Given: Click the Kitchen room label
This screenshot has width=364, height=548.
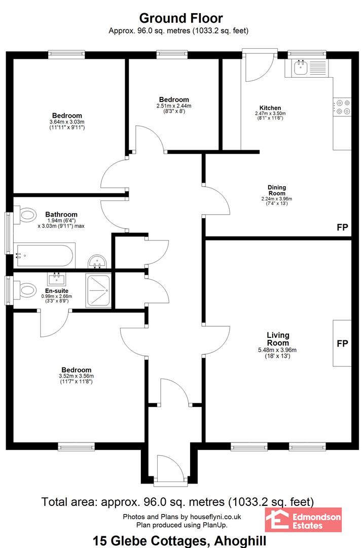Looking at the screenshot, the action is pyautogui.click(x=270, y=108).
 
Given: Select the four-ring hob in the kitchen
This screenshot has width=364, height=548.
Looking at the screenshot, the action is pyautogui.click(x=342, y=107).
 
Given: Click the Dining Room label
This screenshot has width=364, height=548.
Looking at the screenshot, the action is pyautogui.click(x=277, y=190).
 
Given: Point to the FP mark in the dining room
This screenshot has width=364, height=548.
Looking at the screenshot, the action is pyautogui.click(x=342, y=227).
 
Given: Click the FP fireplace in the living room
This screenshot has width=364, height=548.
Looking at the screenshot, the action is pyautogui.click(x=342, y=343).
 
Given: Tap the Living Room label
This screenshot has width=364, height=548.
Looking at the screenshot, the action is pyautogui.click(x=278, y=339).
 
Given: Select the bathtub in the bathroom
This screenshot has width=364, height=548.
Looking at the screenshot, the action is pyautogui.click(x=45, y=256).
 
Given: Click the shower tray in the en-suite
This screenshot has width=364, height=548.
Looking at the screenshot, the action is pyautogui.click(x=98, y=290).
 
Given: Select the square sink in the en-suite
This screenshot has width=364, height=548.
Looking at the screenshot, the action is pyautogui.click(x=57, y=279).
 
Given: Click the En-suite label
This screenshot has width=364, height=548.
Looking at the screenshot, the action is pyautogui.click(x=57, y=291).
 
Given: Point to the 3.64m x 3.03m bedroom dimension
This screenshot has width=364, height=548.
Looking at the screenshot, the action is pyautogui.click(x=67, y=122).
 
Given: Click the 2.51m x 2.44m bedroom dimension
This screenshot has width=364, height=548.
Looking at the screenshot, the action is pyautogui.click(x=174, y=106).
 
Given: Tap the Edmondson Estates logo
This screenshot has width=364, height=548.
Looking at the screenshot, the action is pyautogui.click(x=303, y=520).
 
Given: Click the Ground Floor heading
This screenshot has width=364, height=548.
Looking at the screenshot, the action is pyautogui.click(x=181, y=18).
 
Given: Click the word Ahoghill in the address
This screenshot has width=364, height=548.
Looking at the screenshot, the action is pyautogui.click(x=240, y=541).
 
